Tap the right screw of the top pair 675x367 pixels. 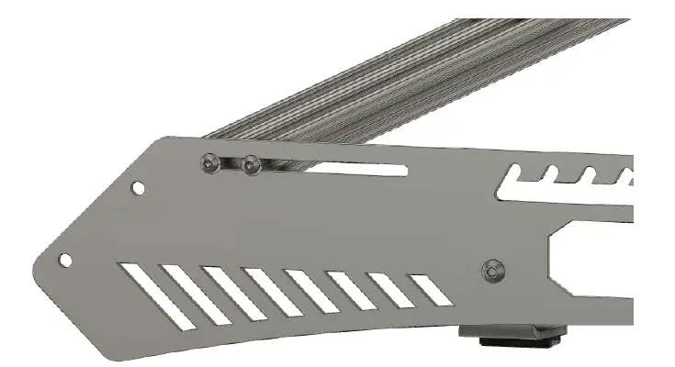[x=251, y=166]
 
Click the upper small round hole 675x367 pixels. [x=138, y=188]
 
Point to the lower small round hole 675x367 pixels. [x=65, y=260]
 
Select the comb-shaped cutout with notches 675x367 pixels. [x=569, y=180]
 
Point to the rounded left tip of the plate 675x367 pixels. [x=39, y=266]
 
